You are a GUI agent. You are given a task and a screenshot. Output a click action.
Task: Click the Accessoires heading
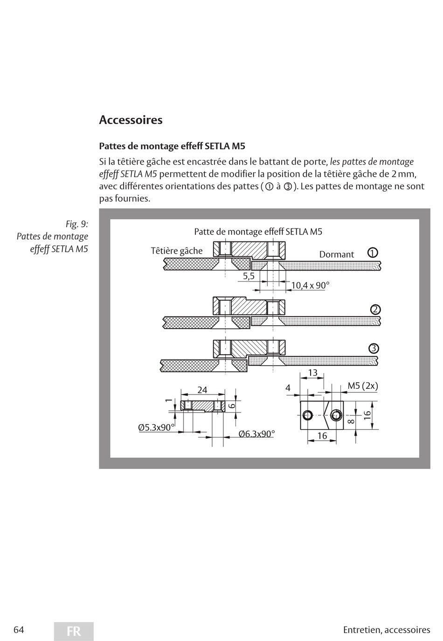tap(131, 120)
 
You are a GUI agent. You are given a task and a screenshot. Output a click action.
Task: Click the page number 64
tap(19, 629)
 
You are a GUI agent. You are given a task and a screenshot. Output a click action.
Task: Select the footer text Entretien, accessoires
tap(387, 630)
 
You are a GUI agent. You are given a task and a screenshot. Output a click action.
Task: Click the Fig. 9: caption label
tap(76, 224)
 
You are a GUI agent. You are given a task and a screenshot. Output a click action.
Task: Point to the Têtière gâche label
tap(177, 251)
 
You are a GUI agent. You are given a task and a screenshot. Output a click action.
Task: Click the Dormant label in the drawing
tap(337, 255)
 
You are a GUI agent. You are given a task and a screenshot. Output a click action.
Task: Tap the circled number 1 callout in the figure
tap(372, 253)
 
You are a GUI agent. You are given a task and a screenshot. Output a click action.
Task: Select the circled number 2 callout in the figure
tap(375, 310)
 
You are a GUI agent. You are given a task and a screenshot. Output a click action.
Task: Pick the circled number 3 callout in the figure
tap(374, 349)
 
